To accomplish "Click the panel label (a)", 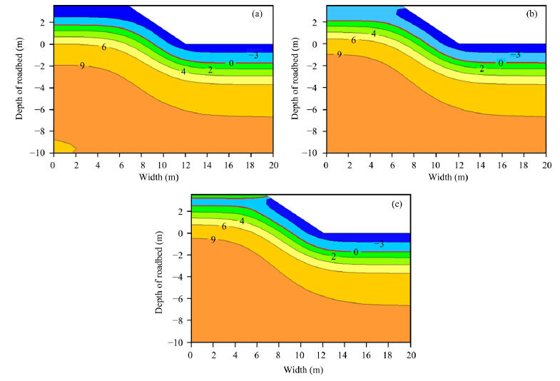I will (260, 14).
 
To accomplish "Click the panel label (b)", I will (534, 14).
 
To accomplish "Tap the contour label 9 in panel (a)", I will (82, 66).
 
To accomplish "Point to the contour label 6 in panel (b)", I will (353, 41).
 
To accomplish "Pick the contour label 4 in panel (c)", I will (242, 221).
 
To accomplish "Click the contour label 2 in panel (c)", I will (333, 256).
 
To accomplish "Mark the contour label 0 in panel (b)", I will (501, 63).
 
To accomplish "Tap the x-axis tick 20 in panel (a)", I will (272, 164).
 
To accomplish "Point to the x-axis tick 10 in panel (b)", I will (436, 164).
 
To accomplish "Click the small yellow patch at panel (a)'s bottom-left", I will (63, 146).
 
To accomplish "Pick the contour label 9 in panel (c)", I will (213, 240).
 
